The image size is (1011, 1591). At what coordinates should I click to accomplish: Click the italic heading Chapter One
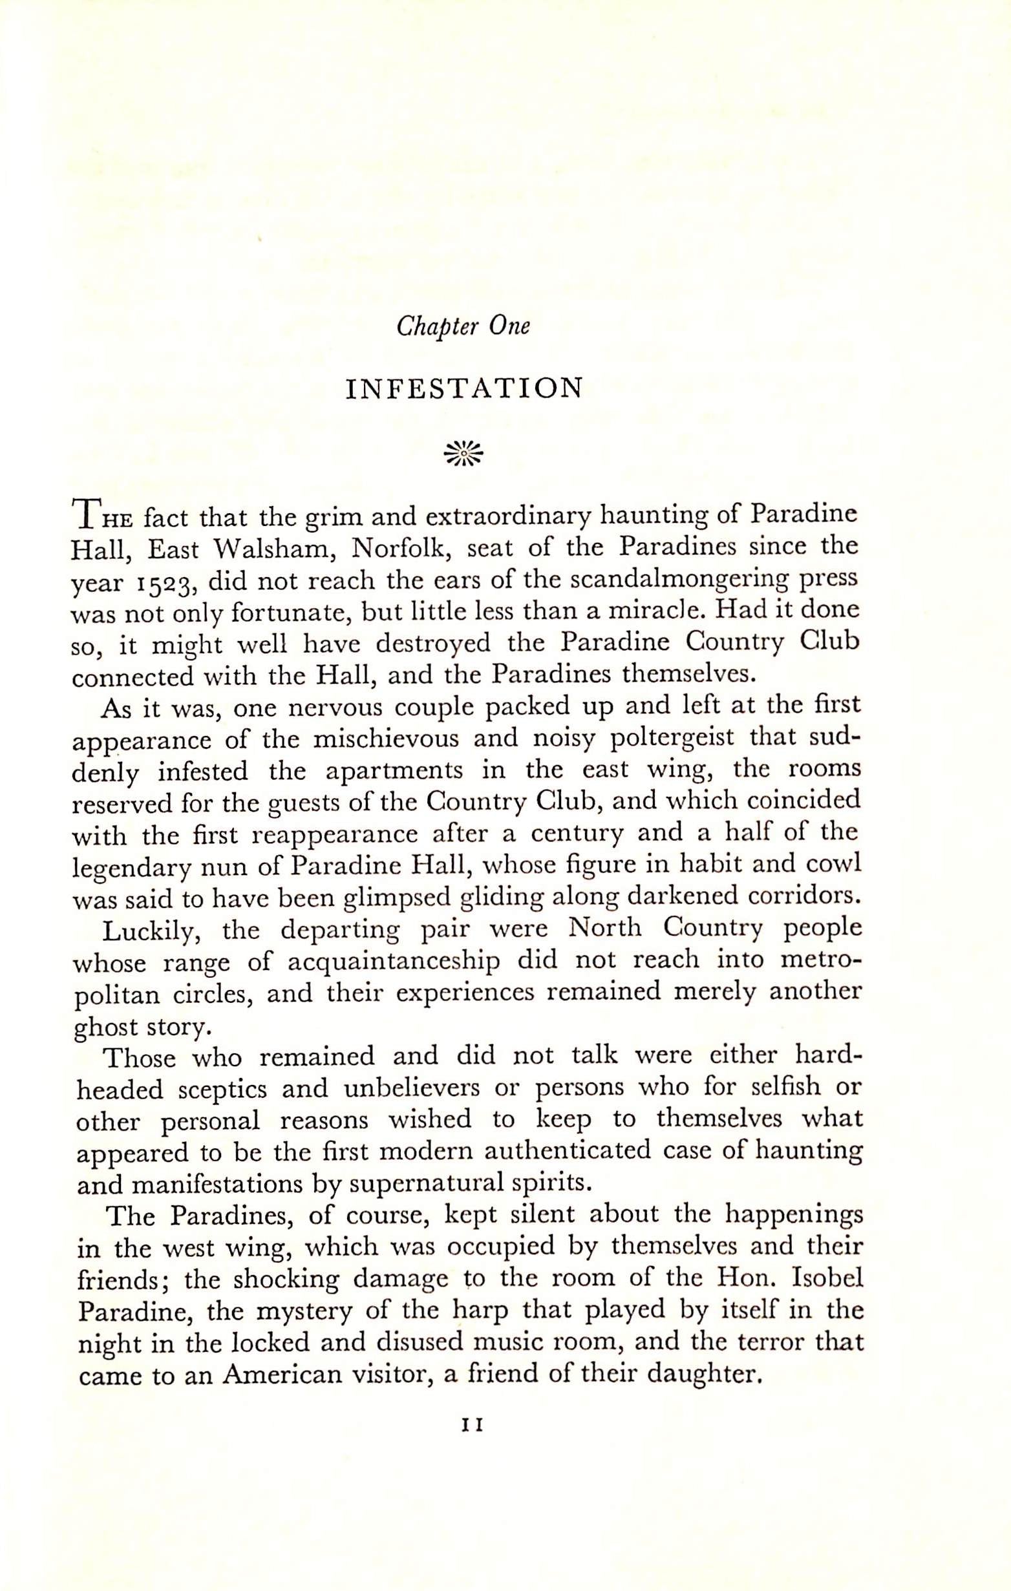(463, 327)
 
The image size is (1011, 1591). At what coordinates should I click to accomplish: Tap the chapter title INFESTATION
(465, 389)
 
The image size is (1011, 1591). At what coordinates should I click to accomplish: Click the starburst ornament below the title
(464, 454)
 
